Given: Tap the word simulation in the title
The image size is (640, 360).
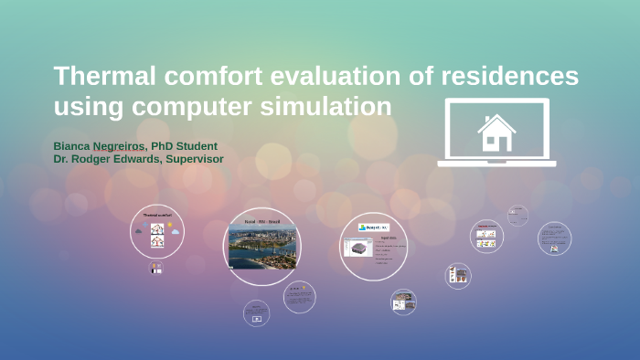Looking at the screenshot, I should click(x=337, y=107).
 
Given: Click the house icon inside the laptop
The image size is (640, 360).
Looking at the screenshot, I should click(x=496, y=132).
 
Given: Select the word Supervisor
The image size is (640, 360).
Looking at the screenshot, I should click(x=189, y=159).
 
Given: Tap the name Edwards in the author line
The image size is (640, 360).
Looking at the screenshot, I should click(x=133, y=159).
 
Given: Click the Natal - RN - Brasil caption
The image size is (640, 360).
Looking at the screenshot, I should click(x=261, y=222).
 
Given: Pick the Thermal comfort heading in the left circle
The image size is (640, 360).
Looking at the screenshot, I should click(x=157, y=215).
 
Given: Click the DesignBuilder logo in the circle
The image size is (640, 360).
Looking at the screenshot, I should click(x=374, y=228).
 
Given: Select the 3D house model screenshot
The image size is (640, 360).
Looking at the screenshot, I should click(x=357, y=248).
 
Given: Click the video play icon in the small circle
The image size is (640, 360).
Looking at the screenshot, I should click(x=257, y=319).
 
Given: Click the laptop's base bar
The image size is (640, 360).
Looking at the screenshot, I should click(x=496, y=164).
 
